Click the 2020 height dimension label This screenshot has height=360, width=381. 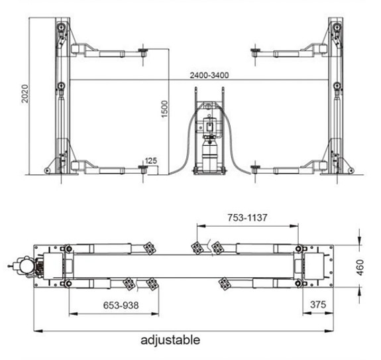25,93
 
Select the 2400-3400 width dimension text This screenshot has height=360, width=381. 209,76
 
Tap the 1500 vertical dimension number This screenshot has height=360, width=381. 164,109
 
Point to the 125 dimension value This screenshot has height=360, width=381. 151,160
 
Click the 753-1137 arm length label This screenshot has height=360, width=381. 247,217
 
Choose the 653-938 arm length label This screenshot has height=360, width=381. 121,305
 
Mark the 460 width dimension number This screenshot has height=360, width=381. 360,268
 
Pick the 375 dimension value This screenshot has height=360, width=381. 318,304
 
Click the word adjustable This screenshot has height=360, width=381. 170,340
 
